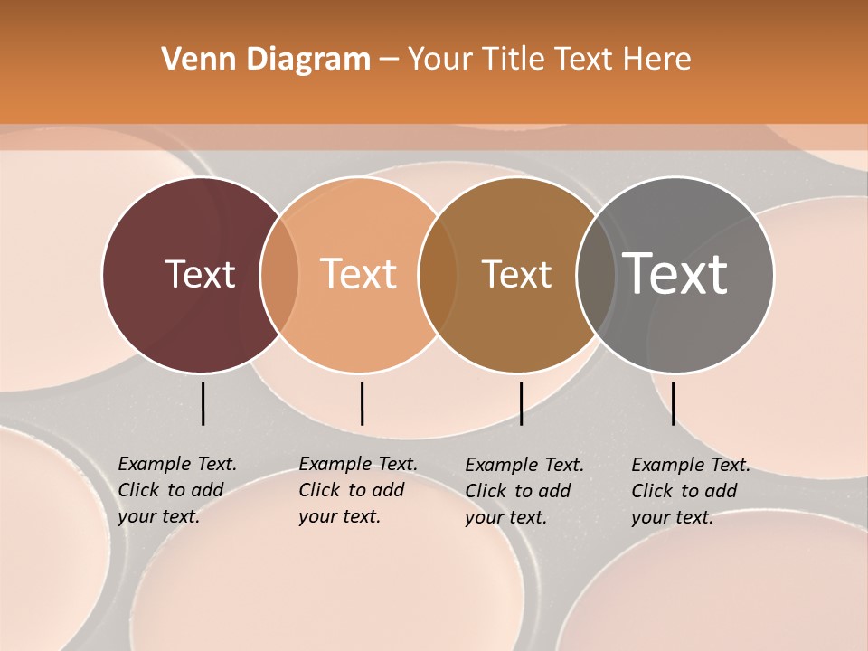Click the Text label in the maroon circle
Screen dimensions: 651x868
click(x=200, y=274)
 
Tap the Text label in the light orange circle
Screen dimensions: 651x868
click(x=359, y=274)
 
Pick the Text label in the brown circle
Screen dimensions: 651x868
click(x=516, y=274)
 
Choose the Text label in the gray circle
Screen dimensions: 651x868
click(x=675, y=274)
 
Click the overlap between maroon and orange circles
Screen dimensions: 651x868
click(x=279, y=275)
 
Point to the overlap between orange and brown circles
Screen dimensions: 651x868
click(x=438, y=275)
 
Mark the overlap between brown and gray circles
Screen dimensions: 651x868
click(x=595, y=275)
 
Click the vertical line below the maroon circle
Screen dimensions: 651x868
click(x=203, y=403)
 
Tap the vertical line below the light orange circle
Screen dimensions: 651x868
click(x=362, y=403)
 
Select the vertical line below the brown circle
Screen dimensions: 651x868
click(x=521, y=403)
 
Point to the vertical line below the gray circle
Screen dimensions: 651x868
click(x=673, y=403)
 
